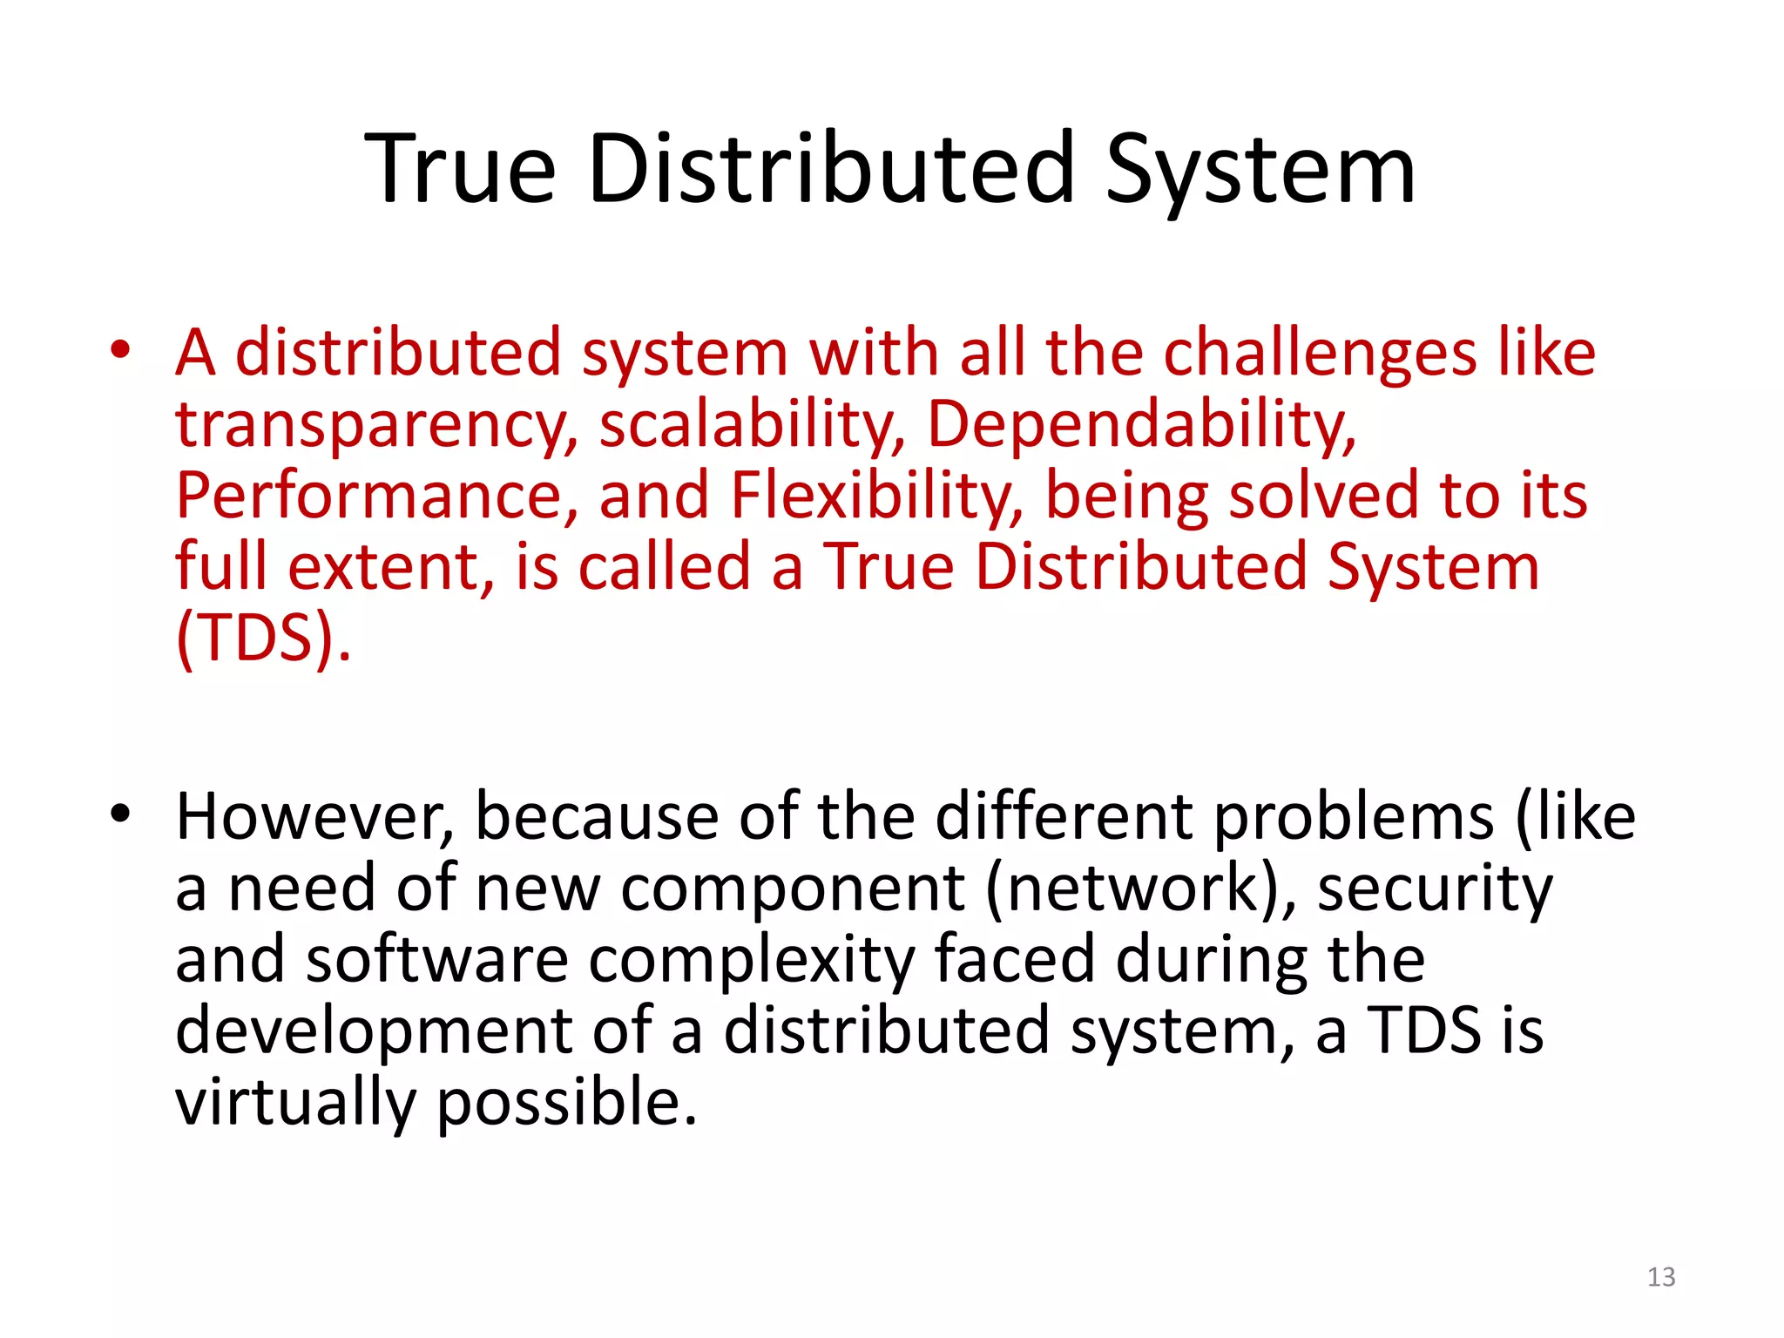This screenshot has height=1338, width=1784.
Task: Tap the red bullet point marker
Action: (x=120, y=351)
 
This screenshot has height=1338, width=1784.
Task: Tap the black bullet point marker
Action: (x=120, y=814)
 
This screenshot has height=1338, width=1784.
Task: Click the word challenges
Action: (x=1320, y=354)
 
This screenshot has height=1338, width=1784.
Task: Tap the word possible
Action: (x=566, y=1103)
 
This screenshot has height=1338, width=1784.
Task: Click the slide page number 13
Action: (x=1661, y=1277)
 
